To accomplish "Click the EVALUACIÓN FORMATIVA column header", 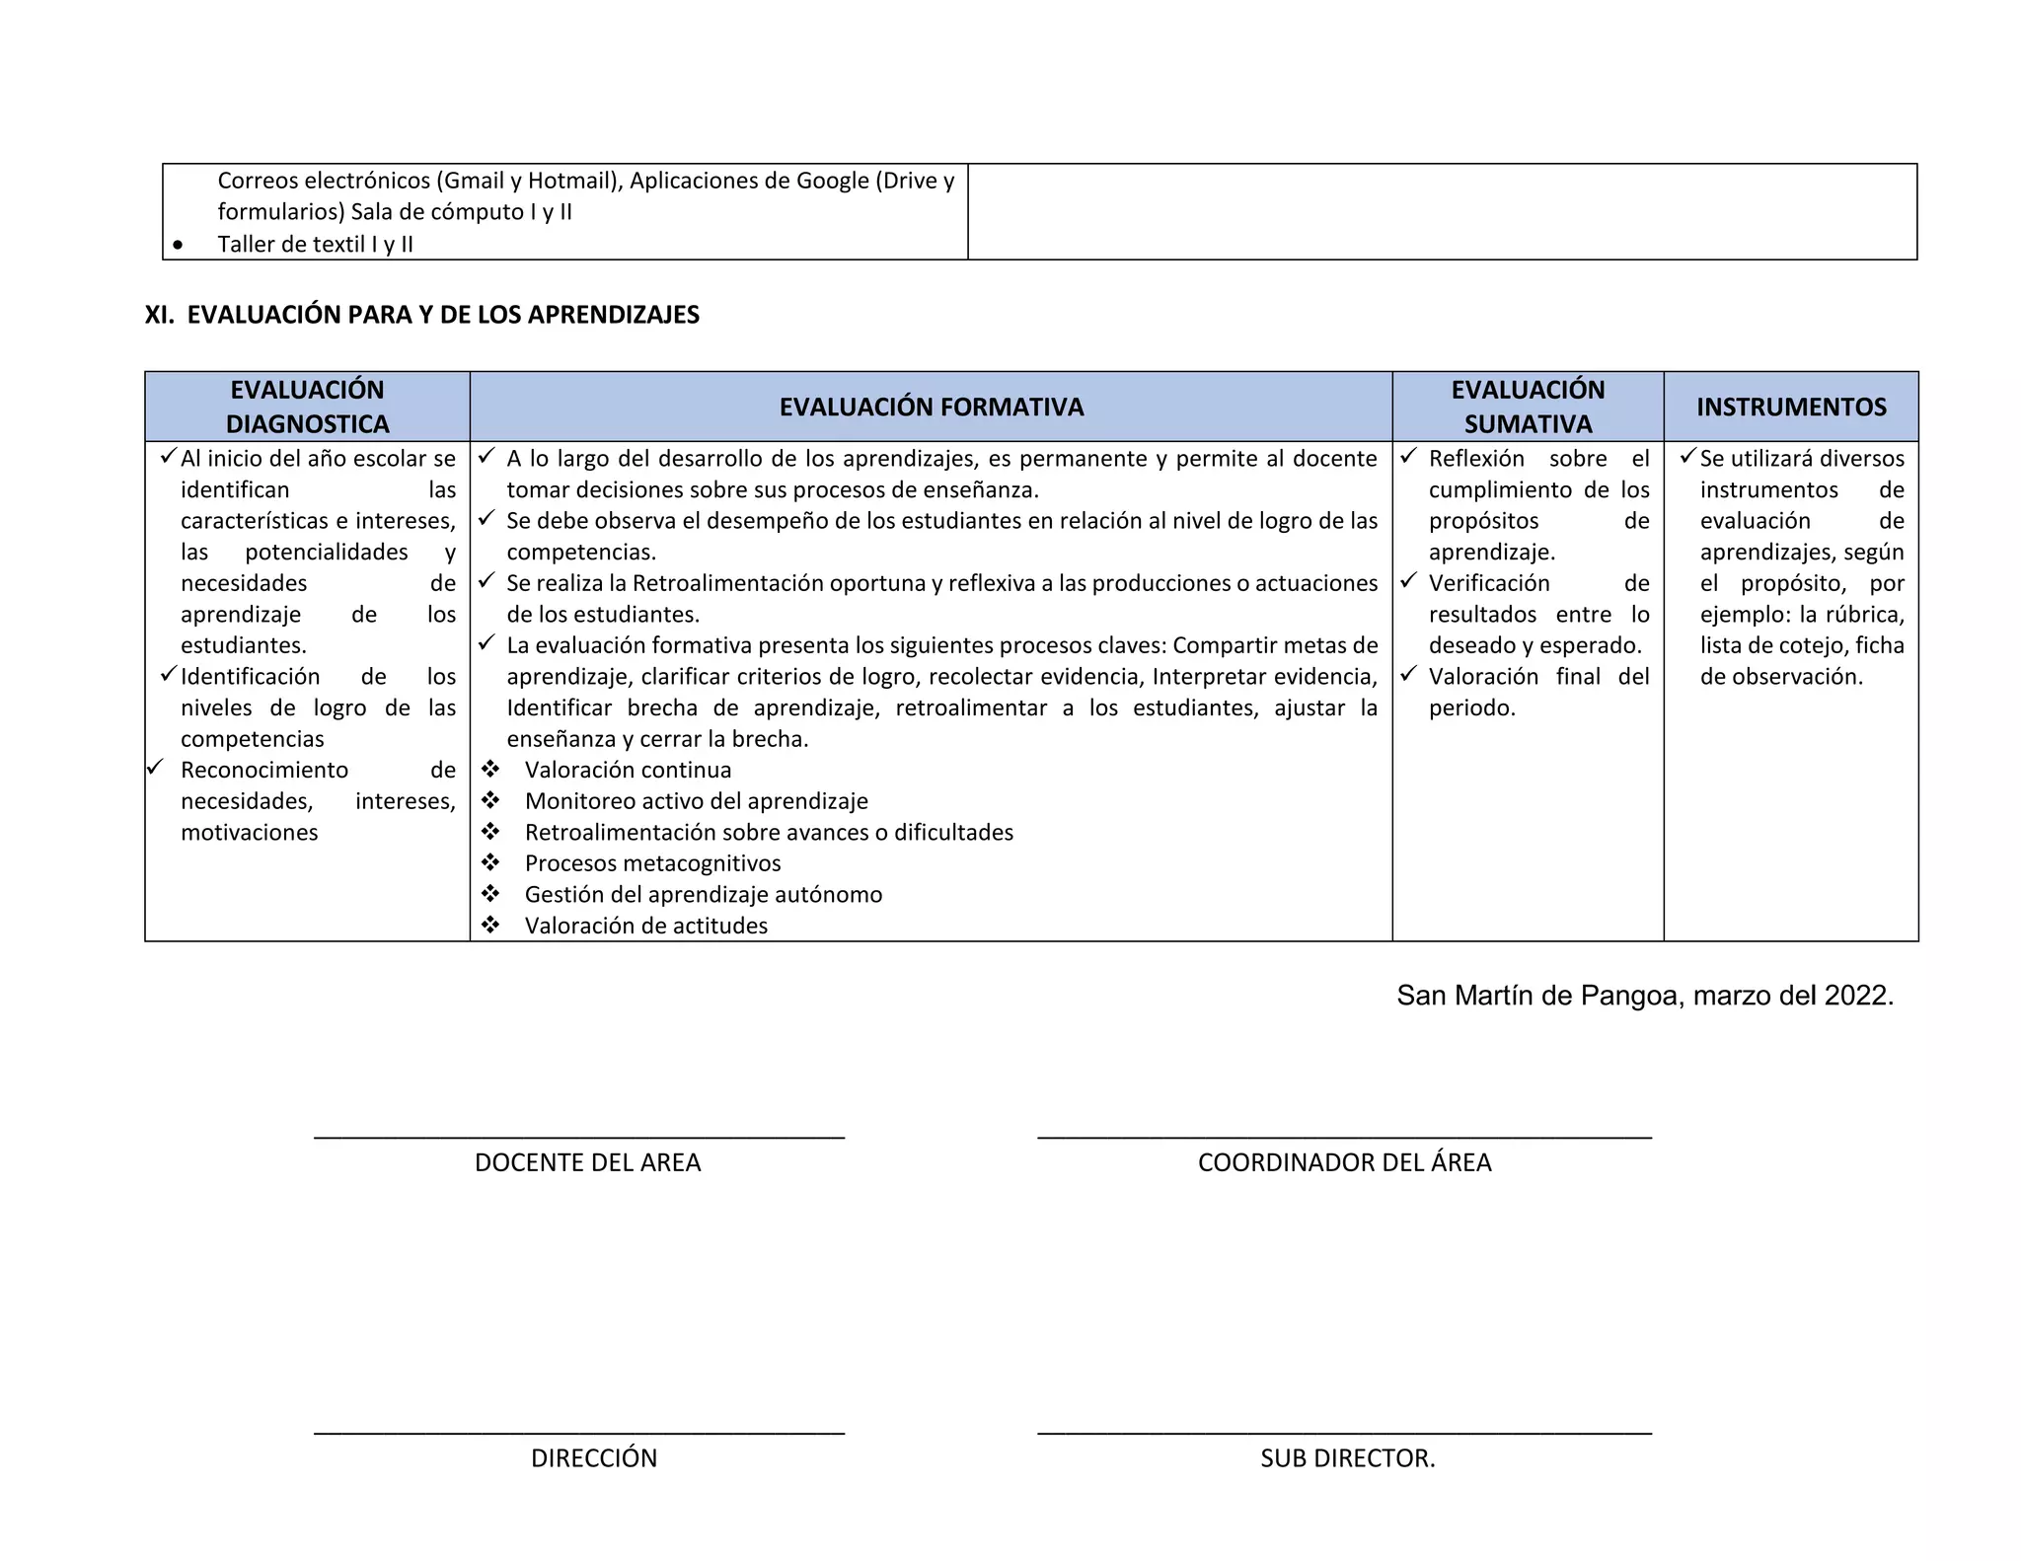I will coord(931,407).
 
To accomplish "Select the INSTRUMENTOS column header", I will coord(1790,407).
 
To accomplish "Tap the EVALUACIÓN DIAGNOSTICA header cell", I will coord(307,407).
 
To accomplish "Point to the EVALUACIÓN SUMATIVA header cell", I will coord(1527,407).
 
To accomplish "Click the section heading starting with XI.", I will coord(422,315).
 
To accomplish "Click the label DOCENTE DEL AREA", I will coord(587,1162).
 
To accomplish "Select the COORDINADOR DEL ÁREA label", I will coord(1344,1162).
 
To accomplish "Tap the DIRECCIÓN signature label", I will coord(593,1458).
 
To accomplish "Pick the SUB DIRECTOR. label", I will coord(1347,1458).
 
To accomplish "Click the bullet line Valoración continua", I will coord(628,771).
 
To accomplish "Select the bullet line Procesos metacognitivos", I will coord(652,864).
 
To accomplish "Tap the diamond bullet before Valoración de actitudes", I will coord(490,926).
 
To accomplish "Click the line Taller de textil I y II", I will coord(315,245).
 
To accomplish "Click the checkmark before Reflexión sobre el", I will coord(1408,457).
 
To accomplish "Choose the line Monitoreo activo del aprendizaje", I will coord(696,802).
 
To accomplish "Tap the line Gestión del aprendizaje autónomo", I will coord(703,895).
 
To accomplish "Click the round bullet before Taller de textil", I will coord(178,245).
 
